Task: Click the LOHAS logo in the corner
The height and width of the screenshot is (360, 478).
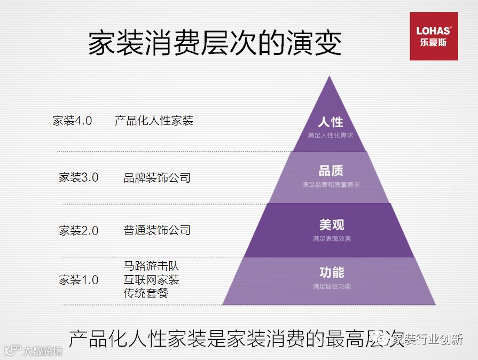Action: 434,36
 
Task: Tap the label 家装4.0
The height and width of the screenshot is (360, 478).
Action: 72,121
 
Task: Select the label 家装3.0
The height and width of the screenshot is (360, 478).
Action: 79,177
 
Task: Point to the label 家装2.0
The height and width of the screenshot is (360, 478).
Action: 79,231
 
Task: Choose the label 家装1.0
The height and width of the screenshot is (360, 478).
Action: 79,279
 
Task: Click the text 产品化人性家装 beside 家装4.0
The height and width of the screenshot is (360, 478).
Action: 154,121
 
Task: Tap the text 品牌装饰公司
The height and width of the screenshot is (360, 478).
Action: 157,177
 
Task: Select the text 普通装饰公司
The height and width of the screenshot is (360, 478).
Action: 157,230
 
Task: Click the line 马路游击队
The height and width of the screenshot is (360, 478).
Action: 152,266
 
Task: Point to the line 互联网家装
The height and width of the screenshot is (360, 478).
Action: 152,279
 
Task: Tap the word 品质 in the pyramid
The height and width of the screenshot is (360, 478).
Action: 331,171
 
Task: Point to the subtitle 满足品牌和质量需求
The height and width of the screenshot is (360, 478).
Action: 331,185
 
